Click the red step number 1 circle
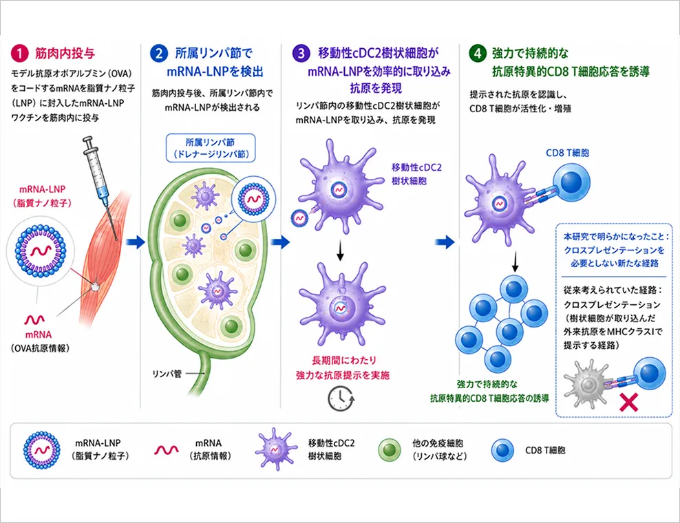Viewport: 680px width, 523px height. (x=19, y=54)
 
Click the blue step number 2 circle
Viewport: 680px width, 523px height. (x=159, y=54)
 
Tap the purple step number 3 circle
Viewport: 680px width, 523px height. (x=301, y=54)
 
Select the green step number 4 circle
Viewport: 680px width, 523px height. (x=478, y=54)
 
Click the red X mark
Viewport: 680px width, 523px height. (x=628, y=402)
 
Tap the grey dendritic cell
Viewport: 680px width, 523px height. (x=588, y=384)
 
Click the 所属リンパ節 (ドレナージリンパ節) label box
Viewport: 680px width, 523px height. (x=211, y=148)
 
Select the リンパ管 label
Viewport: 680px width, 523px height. (x=167, y=374)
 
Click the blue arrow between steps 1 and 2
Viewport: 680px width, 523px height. (x=136, y=242)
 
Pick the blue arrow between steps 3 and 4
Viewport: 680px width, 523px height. (x=445, y=242)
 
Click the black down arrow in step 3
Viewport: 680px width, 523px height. (x=341, y=252)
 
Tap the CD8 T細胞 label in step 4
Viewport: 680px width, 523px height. (x=567, y=153)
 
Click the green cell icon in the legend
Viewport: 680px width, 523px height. (x=390, y=450)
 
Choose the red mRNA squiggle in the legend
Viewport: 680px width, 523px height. (x=166, y=450)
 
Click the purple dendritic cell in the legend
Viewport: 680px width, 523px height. (x=275, y=449)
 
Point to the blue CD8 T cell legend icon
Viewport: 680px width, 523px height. (x=503, y=450)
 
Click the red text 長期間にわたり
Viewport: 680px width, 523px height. (x=344, y=360)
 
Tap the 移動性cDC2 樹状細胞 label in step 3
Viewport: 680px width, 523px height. (x=416, y=174)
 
